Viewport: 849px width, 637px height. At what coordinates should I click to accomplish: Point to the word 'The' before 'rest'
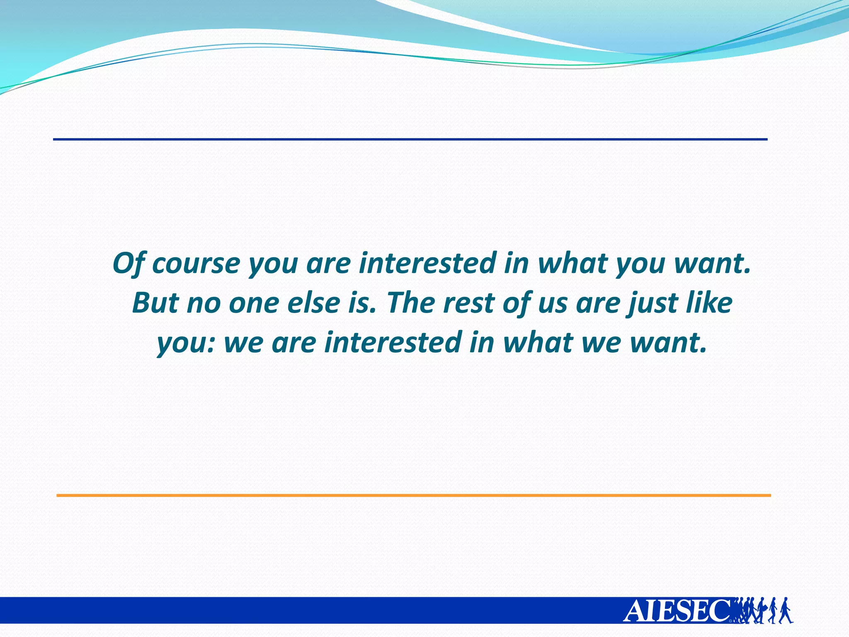[x=408, y=303]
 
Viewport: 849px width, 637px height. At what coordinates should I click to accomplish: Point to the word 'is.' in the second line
[x=363, y=303]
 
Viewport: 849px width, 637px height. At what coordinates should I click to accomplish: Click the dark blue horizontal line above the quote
[x=410, y=139]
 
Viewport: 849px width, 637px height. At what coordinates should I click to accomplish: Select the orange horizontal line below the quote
[x=414, y=495]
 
